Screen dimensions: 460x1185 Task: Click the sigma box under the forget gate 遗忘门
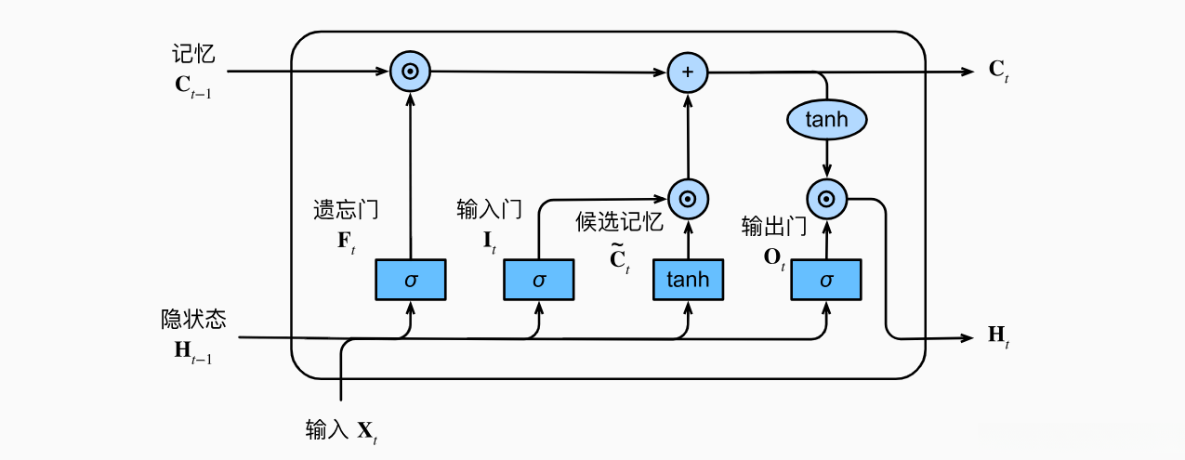click(410, 280)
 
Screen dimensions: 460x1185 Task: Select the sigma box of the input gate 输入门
click(539, 280)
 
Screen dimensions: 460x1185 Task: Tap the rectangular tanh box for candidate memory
click(688, 280)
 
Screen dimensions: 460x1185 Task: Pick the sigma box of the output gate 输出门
click(826, 280)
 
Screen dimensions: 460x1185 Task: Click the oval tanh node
click(826, 119)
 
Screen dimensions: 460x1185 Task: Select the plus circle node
click(688, 72)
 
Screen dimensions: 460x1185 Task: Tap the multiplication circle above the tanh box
click(688, 198)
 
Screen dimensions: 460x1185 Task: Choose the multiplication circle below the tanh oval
click(826, 198)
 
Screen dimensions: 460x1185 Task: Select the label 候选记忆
click(619, 223)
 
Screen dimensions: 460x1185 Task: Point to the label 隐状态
click(193, 321)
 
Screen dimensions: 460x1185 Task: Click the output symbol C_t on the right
click(999, 72)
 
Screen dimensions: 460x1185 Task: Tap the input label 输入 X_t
click(342, 431)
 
